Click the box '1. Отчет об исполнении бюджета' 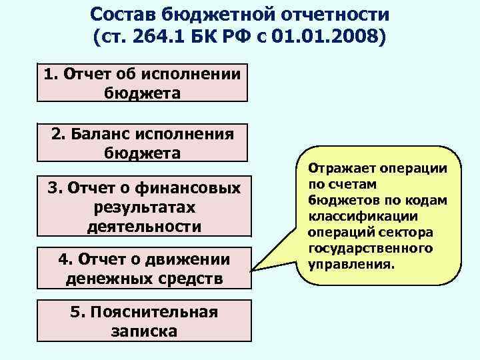142,83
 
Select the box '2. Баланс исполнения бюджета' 142,143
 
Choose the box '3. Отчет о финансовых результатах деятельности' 143,207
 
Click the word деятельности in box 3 144,226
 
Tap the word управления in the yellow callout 350,264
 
